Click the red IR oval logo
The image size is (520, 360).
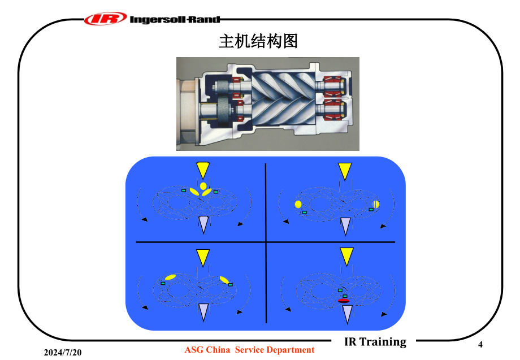click(x=106, y=19)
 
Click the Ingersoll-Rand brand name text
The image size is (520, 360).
click(x=175, y=20)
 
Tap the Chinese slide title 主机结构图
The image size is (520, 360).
click(x=258, y=41)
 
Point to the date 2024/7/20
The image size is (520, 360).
click(x=63, y=353)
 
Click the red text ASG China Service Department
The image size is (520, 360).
click(x=249, y=350)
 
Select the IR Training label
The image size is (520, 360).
click(x=375, y=341)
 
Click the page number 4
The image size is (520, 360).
click(x=480, y=344)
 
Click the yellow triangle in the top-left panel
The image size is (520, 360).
click(x=203, y=170)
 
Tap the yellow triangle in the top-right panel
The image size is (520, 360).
click(x=345, y=171)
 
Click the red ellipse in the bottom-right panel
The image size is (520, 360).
click(x=344, y=301)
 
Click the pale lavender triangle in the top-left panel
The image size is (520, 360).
click(x=203, y=225)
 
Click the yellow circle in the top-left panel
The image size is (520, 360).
click(x=203, y=186)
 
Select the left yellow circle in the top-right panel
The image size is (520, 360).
click(x=298, y=204)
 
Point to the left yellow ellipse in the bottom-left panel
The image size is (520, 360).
click(x=171, y=277)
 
